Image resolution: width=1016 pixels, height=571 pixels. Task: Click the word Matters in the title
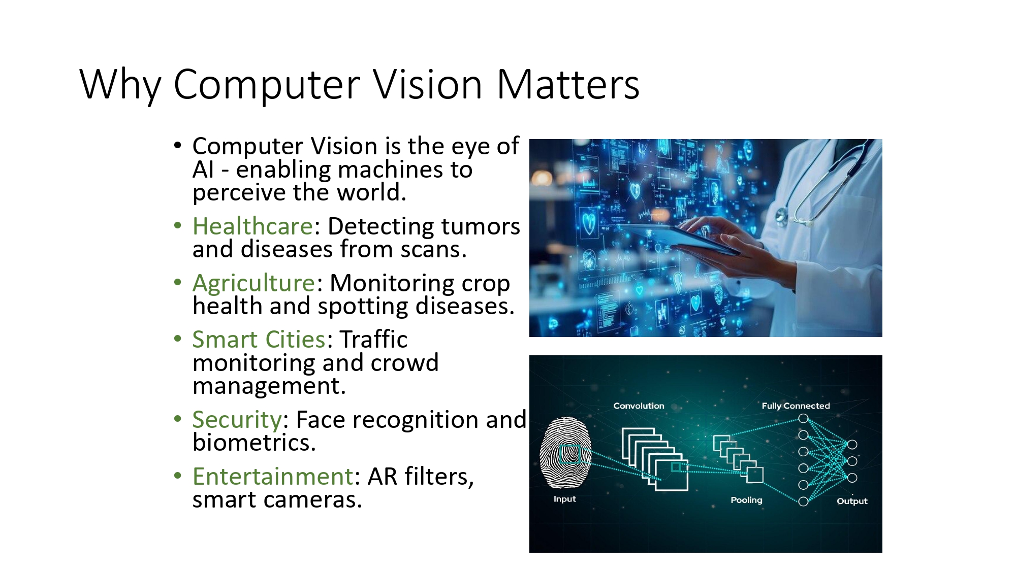click(567, 84)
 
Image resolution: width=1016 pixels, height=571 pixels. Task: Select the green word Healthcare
click(252, 226)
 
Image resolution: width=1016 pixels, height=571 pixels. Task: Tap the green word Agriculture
click(254, 283)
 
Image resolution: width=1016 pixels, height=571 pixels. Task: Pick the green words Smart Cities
click(259, 340)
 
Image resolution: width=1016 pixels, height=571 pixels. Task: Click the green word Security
click(237, 420)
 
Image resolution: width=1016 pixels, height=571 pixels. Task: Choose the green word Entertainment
click(273, 477)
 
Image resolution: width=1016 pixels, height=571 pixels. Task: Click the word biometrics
click(254, 443)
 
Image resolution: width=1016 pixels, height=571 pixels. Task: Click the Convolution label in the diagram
click(639, 406)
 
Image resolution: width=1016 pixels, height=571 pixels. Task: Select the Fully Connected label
click(796, 406)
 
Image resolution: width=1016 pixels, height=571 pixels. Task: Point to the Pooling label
click(746, 500)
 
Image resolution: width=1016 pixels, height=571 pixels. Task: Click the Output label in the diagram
click(852, 501)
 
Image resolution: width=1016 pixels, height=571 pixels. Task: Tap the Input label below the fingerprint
click(564, 499)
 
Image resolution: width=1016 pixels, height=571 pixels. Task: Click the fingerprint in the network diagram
click(565, 452)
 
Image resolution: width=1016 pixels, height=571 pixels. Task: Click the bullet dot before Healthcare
click(177, 225)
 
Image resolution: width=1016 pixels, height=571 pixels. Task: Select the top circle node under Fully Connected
click(803, 419)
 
